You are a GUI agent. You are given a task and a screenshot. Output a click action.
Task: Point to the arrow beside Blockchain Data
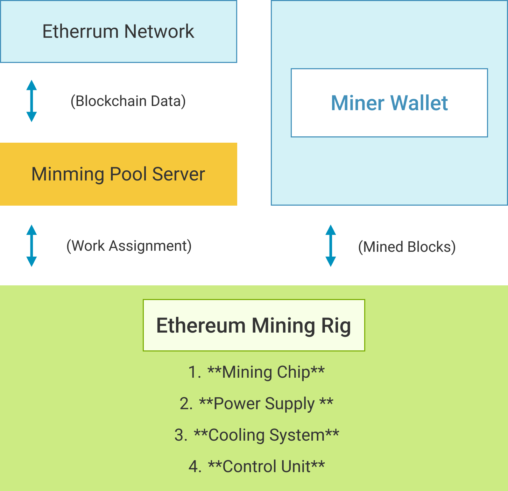(31, 101)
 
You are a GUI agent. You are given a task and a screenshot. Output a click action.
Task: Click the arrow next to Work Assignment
(31, 245)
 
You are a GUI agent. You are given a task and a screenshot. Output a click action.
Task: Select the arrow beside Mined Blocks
(331, 245)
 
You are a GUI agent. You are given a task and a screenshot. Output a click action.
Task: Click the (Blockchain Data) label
(128, 101)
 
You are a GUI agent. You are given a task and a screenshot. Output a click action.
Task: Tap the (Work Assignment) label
(129, 246)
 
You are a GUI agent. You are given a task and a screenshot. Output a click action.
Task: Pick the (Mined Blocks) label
(407, 247)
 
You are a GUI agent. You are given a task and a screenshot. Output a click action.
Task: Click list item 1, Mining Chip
(256, 372)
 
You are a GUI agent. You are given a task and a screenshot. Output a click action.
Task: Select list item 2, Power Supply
(256, 404)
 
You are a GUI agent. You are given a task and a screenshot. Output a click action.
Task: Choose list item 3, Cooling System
(256, 435)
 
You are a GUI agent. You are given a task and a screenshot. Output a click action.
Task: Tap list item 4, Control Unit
(256, 467)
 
